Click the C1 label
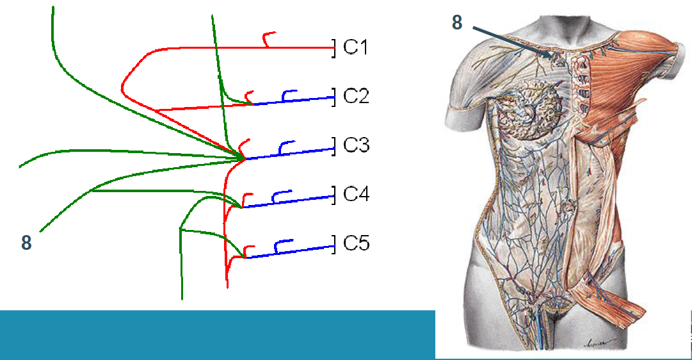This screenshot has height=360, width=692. [x=356, y=47]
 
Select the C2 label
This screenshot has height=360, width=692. [x=356, y=96]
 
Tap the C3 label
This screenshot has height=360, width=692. [x=356, y=145]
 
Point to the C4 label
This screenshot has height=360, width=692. [x=356, y=194]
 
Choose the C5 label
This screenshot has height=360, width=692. [x=356, y=243]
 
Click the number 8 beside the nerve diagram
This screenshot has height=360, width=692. [x=26, y=243]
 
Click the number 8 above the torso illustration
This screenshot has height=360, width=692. [x=457, y=22]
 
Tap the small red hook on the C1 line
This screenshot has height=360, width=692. [x=268, y=39]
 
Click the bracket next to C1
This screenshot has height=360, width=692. [x=334, y=47]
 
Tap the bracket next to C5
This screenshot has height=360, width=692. [x=334, y=244]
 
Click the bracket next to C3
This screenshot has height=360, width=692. [x=334, y=146]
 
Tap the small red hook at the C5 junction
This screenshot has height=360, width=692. [x=248, y=250]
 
